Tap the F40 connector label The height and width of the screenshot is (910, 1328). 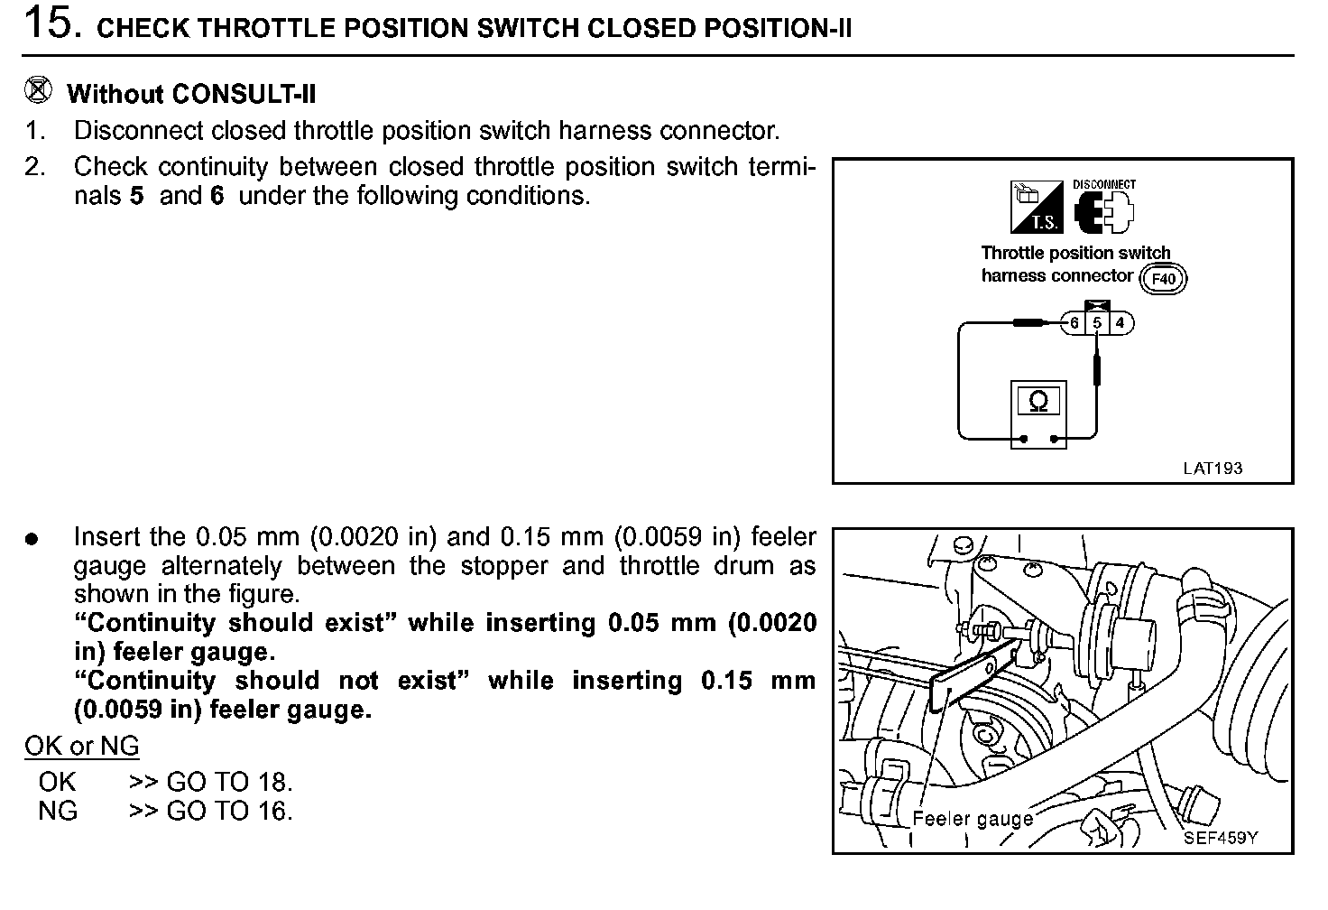point(1164,279)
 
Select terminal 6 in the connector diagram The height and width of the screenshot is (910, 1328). point(1074,322)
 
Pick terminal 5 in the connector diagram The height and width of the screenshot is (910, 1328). point(1097,322)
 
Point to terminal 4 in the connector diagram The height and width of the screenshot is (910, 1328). point(1120,322)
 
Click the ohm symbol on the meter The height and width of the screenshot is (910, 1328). point(1038,401)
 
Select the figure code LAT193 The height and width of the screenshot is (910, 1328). point(1213,468)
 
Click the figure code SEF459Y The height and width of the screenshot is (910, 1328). point(1220,837)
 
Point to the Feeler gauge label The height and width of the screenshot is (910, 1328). point(973,819)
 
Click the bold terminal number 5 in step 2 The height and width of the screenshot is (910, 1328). point(136,196)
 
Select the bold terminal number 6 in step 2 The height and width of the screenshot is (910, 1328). point(217,196)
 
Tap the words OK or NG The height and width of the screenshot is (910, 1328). point(82,747)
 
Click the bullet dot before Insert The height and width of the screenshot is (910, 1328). point(33,540)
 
